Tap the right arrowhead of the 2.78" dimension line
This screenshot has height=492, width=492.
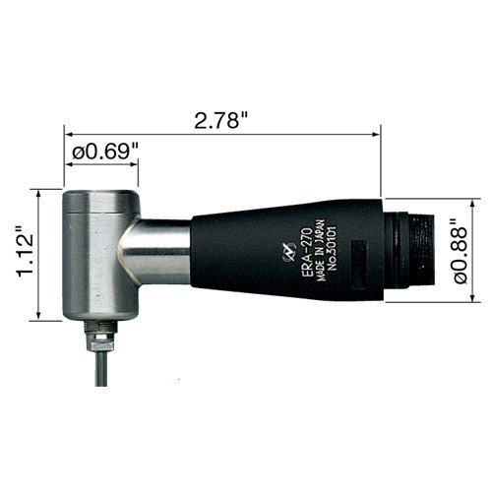(376, 132)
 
